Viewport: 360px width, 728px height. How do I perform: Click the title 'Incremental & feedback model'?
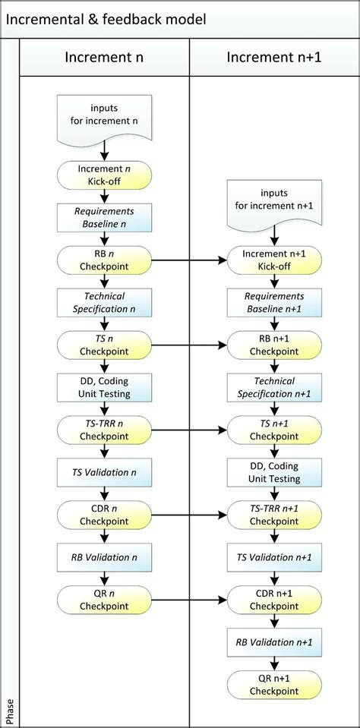(x=106, y=18)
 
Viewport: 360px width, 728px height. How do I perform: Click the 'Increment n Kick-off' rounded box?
(x=104, y=176)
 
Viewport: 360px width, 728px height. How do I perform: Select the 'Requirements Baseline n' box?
(x=104, y=218)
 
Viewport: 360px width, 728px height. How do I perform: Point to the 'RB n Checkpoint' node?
(x=104, y=260)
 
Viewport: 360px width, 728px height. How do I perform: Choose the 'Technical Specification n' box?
(x=104, y=302)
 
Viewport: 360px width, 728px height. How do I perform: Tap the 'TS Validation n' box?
(x=104, y=473)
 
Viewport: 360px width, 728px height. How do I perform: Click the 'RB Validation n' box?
(x=104, y=557)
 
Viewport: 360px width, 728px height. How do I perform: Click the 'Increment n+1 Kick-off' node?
(x=274, y=260)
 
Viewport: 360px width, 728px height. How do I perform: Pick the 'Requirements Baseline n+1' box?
(x=274, y=302)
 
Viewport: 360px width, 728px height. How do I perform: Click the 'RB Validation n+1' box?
(x=274, y=642)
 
